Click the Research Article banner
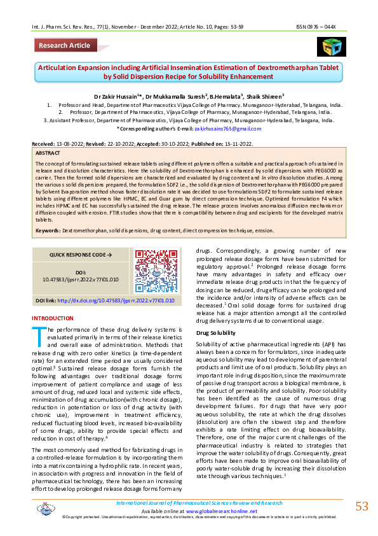pyautogui.click(x=64, y=46)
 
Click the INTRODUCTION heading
pyautogui.click(x=52, y=318)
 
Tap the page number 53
pyautogui.click(x=361, y=506)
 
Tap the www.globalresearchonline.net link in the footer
pyautogui.click(x=222, y=511)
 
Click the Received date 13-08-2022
pyautogui.click(x=62, y=145)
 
